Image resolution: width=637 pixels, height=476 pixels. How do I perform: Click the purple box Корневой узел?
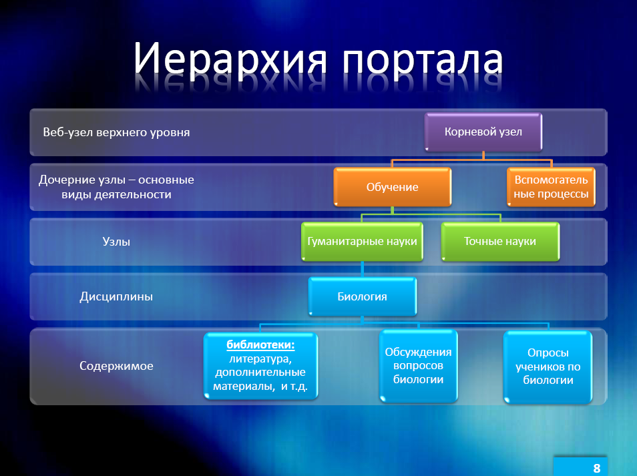pos(483,132)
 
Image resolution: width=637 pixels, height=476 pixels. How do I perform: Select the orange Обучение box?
pos(393,187)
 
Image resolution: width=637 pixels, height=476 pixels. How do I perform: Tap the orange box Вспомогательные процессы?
pos(551,187)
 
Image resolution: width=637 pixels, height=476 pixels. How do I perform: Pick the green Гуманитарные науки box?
pos(362,242)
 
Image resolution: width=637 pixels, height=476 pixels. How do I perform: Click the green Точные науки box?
pos(500,242)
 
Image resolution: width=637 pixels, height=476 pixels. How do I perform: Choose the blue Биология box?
pos(363,296)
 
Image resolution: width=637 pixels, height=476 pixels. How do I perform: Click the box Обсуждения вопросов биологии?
pos(419,366)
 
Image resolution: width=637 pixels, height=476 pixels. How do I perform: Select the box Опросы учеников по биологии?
pos(548,367)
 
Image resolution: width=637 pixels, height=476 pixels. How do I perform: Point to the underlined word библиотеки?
pos(260,344)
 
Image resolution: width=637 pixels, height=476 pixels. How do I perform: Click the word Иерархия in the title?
pos(230,59)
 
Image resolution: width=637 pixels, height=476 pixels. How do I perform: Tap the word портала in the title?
pos(423,61)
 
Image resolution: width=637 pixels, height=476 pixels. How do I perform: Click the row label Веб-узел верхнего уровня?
pos(117,132)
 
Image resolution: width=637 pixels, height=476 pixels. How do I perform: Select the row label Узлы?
pos(116,242)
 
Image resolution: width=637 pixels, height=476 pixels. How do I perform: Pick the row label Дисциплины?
pos(116,296)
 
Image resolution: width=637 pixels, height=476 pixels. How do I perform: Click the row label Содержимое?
pos(116,366)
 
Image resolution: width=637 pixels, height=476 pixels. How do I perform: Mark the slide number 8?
pos(597,468)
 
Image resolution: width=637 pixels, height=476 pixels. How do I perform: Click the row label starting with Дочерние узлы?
pos(117,187)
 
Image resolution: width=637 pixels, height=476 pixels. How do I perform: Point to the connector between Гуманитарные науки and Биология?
pos(362,269)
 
